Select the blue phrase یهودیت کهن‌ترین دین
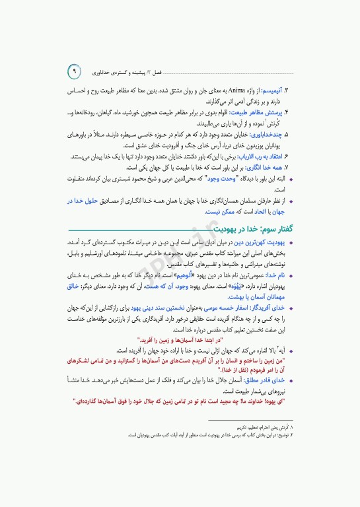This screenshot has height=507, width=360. [262, 242]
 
